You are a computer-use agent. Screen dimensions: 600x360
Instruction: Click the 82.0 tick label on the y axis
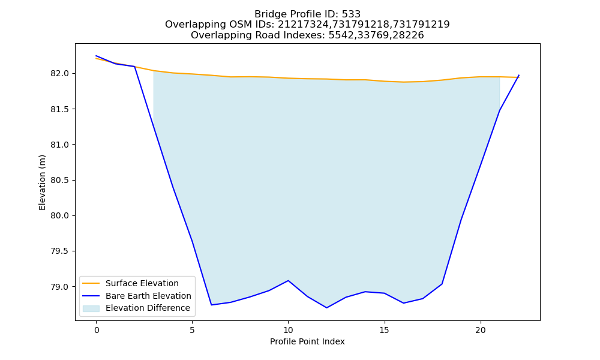pyautogui.click(x=59, y=73)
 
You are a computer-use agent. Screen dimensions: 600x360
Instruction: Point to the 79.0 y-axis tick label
pyautogui.click(x=59, y=287)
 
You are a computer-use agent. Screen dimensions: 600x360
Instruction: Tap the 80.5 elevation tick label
pyautogui.click(x=59, y=180)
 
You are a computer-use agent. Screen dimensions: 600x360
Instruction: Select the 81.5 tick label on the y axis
pyautogui.click(x=59, y=109)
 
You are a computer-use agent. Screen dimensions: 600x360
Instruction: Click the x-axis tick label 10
pyautogui.click(x=288, y=330)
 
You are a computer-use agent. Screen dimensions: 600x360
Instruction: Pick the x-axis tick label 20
pyautogui.click(x=481, y=330)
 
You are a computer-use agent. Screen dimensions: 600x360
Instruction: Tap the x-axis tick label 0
pyautogui.click(x=97, y=330)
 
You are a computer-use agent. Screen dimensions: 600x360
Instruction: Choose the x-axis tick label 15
pyautogui.click(x=384, y=330)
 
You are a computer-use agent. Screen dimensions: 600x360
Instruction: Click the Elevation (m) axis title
pyautogui.click(x=42, y=182)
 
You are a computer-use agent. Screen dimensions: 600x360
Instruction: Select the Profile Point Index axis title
pyautogui.click(x=307, y=341)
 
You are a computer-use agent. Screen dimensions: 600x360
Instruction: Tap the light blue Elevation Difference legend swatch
pyautogui.click(x=91, y=308)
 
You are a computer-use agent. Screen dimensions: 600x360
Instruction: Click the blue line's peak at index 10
pyautogui.click(x=288, y=280)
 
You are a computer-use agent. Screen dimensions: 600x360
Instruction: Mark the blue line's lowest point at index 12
pyautogui.click(x=326, y=308)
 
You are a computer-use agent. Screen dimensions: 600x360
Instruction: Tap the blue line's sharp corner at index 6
pyautogui.click(x=211, y=305)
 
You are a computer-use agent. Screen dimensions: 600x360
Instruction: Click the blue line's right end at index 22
pyautogui.click(x=519, y=75)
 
